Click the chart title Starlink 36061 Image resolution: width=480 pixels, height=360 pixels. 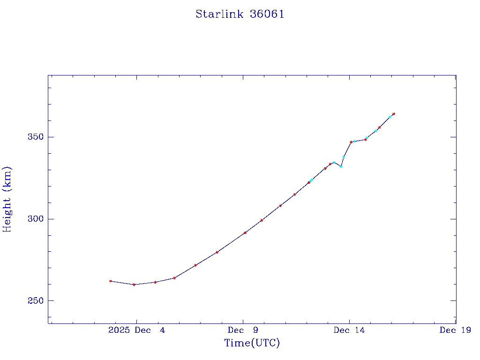click(x=240, y=14)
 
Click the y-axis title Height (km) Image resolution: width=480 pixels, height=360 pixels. click(x=7, y=199)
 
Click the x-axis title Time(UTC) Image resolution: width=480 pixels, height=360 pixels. click(x=252, y=343)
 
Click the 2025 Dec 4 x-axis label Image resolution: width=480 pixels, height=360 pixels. click(x=136, y=330)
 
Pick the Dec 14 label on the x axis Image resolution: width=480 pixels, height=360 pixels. click(x=349, y=330)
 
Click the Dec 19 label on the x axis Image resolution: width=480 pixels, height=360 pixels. click(x=455, y=330)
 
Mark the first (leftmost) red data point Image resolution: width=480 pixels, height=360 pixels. click(x=111, y=281)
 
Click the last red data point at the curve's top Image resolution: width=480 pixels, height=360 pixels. click(x=394, y=114)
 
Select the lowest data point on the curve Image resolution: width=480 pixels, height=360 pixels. click(x=134, y=285)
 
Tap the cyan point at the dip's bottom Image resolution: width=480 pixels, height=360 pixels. click(x=341, y=166)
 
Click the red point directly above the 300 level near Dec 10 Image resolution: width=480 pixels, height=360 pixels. click(x=262, y=220)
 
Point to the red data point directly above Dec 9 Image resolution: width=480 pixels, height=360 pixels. click(x=245, y=233)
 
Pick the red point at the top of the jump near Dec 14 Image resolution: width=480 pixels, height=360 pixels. click(x=351, y=142)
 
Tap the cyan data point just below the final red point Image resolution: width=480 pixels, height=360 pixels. click(x=390, y=117)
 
